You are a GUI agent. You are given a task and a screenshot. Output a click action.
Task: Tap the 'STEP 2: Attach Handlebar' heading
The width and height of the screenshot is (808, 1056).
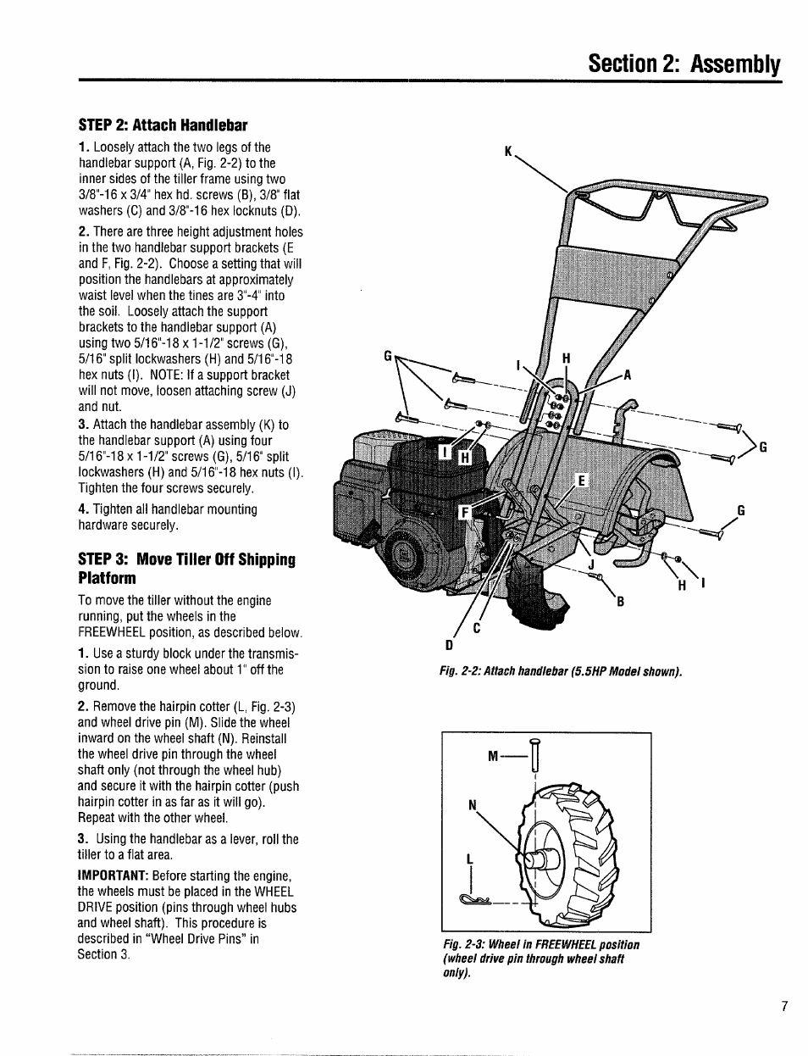[163, 125]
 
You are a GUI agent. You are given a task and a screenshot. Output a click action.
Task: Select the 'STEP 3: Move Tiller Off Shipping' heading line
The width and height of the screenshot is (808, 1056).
[186, 559]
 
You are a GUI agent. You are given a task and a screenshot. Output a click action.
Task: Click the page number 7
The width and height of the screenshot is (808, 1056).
[785, 1007]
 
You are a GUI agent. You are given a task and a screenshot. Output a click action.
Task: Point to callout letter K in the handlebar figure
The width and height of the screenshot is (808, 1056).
[508, 152]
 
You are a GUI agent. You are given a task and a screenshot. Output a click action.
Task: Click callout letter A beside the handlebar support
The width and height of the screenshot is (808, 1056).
[628, 375]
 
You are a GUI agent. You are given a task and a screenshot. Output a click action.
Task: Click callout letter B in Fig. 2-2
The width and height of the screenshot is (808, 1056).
[620, 602]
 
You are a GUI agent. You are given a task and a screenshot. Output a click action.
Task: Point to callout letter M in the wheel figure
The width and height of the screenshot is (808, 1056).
[493, 756]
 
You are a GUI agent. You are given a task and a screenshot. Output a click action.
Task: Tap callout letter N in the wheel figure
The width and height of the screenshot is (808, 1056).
[473, 806]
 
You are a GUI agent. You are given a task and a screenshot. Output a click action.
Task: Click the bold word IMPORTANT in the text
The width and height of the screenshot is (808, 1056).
[113, 875]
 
